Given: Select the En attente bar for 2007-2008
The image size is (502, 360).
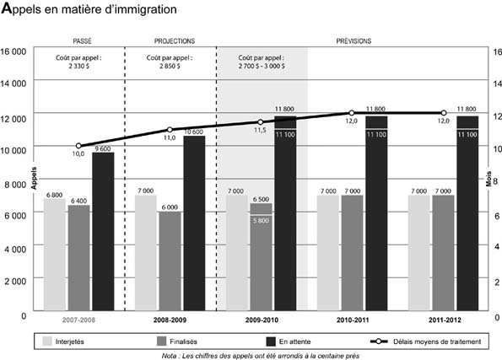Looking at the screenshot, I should [x=103, y=231].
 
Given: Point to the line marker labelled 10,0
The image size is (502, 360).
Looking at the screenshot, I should [x=79, y=146].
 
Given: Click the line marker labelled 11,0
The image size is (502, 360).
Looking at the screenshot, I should [x=170, y=130].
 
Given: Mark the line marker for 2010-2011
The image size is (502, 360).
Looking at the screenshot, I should [x=352, y=113].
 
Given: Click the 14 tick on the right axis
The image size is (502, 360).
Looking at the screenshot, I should [x=494, y=83].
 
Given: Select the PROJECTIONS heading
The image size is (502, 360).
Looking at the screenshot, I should [x=175, y=40].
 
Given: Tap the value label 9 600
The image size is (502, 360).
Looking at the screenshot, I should [x=102, y=148].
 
